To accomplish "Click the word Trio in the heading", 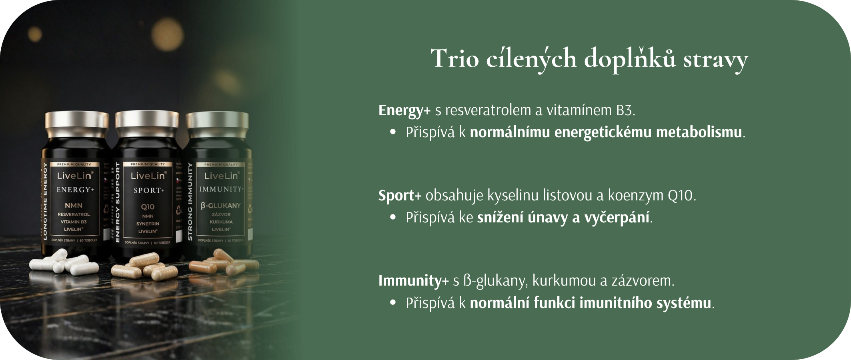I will point(455,59).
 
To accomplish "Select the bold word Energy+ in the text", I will point(404,110).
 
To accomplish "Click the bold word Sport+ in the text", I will point(400,196).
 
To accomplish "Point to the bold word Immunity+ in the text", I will point(413,281).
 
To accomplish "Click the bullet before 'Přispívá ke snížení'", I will point(393,218).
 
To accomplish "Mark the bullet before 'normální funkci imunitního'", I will point(393,303).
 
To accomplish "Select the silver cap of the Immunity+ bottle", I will point(217,124).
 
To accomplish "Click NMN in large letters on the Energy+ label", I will point(74,206).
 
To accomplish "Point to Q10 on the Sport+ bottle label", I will point(148,207).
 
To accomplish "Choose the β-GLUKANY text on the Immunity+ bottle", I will point(221,206).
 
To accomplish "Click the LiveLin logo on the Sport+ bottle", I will point(148,176).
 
